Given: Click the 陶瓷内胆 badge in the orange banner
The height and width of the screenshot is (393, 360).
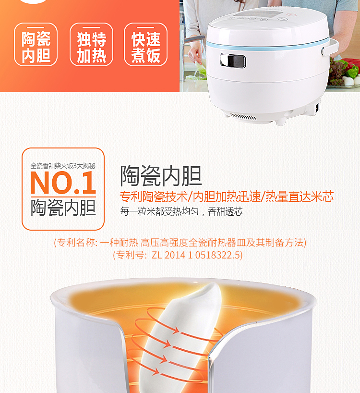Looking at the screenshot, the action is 36,44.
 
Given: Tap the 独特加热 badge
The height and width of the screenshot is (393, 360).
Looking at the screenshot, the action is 91,44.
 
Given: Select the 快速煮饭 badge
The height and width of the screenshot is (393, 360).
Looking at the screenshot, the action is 146,44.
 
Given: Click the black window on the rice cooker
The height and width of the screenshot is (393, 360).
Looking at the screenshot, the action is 233,61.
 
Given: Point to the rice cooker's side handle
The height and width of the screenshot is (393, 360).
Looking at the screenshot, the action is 330,47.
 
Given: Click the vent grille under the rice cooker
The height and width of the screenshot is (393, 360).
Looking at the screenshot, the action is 242,117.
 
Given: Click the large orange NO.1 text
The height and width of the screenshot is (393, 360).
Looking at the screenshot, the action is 63,183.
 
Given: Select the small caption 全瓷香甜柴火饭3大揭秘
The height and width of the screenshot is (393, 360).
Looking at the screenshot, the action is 63,166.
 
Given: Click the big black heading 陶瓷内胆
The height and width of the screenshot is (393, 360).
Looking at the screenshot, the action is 161,176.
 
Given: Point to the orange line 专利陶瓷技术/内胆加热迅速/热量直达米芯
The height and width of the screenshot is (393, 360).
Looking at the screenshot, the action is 227,196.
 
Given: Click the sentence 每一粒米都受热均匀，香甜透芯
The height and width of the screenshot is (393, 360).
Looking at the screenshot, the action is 181,211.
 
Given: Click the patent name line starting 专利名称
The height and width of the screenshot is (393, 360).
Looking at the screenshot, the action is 180,242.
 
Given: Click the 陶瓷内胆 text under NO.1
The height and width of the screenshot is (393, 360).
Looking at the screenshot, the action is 63,207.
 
